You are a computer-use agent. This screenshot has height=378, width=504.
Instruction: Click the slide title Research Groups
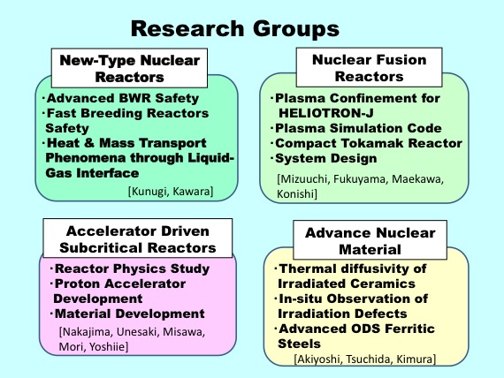(x=235, y=29)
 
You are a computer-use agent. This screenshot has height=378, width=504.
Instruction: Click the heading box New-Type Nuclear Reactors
(x=129, y=68)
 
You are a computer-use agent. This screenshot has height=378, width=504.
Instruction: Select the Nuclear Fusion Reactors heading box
(x=369, y=67)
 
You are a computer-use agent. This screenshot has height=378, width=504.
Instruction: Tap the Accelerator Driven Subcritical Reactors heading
(x=138, y=238)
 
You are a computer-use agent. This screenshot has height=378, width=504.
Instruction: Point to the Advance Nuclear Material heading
(x=370, y=240)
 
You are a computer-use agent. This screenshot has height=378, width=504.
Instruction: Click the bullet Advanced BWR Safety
(x=121, y=98)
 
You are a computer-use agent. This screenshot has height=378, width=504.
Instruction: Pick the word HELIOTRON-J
(x=326, y=113)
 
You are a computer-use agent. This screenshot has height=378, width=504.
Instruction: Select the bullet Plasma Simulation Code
(x=356, y=128)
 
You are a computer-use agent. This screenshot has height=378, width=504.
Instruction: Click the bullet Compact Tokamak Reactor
(x=367, y=143)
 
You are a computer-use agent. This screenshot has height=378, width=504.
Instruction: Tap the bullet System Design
(x=324, y=158)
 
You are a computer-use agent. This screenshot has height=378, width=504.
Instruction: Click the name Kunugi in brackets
(x=149, y=192)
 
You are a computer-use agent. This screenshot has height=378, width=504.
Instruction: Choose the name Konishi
(x=294, y=194)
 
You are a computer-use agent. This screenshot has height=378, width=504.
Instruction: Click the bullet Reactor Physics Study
(x=130, y=268)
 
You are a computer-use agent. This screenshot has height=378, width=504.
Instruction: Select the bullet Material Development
(x=128, y=314)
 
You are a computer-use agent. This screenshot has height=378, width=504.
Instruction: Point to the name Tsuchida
(x=368, y=359)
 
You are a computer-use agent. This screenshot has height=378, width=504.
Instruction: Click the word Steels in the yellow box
(x=299, y=344)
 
